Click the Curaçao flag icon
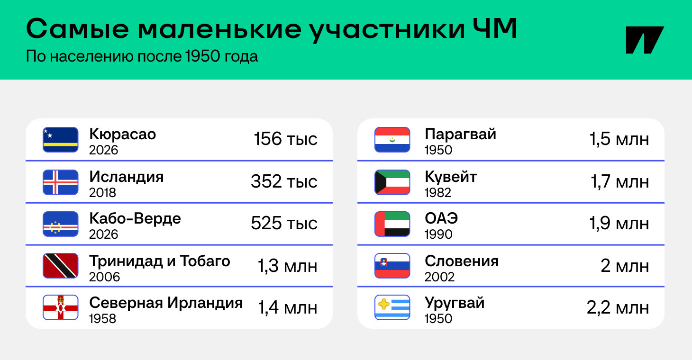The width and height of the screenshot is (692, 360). coord(61,140)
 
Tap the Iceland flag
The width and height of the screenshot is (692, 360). coord(61,182)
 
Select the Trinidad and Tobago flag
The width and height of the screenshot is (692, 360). coord(61,266)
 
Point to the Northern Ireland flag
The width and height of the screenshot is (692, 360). coord(61,307)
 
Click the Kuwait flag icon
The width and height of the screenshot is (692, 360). coord(392,182)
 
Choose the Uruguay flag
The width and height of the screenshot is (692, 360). coord(392,307)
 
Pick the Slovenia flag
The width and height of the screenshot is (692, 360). coord(392,266)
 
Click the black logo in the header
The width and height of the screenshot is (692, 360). coord(645,40)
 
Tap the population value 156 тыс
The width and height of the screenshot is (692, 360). coord(285,139)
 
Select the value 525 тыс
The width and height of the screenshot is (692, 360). coord(284,223)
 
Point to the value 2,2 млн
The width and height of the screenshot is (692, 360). coord(618,308)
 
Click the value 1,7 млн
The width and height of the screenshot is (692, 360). coord(619,181)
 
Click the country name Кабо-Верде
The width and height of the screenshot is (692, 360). coord(135,218)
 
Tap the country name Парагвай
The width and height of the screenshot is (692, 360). coord(461,135)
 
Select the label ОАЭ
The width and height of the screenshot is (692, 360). coord(441,218)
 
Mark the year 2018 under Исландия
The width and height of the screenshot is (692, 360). coord(102,193)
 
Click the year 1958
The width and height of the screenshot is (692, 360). coord(102,319)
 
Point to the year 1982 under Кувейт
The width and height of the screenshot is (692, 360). coord(438,193)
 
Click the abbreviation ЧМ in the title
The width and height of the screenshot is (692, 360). coord(495,28)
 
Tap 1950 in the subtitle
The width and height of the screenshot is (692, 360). coord(203,56)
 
